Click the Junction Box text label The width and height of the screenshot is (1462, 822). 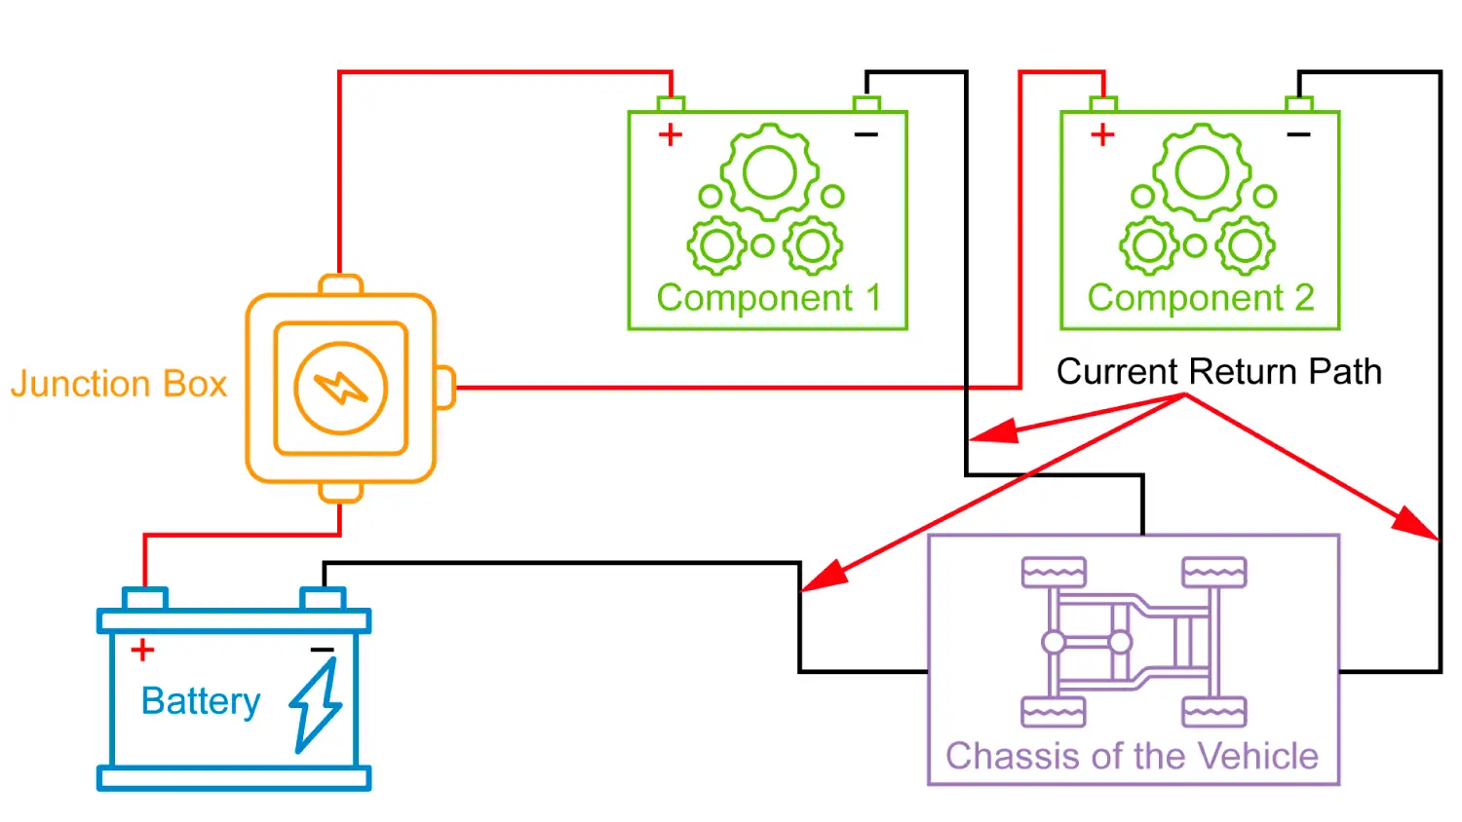[119, 384]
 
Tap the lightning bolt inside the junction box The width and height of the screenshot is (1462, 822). [340, 388]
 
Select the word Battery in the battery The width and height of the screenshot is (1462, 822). [201, 701]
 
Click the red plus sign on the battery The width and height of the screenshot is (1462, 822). [142, 650]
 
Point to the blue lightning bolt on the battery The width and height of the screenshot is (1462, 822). [316, 705]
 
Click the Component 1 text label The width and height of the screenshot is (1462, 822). [768, 298]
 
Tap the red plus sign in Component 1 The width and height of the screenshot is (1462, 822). [670, 134]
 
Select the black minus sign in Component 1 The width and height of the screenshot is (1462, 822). [866, 134]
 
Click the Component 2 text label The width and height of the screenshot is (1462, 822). [1201, 298]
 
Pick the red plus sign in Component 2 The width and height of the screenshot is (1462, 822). [1102, 134]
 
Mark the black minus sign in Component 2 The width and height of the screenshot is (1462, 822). [1298, 134]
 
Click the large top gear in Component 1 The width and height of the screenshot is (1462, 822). [770, 172]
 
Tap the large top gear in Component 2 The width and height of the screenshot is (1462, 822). [1202, 172]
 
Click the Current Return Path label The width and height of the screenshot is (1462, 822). [1218, 372]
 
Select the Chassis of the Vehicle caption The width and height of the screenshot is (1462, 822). [1132, 757]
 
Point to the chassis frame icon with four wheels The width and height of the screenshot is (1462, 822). [1134, 642]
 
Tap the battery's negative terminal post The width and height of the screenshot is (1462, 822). [323, 598]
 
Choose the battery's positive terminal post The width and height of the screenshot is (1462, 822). [144, 598]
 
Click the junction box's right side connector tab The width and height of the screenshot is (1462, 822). [444, 388]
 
